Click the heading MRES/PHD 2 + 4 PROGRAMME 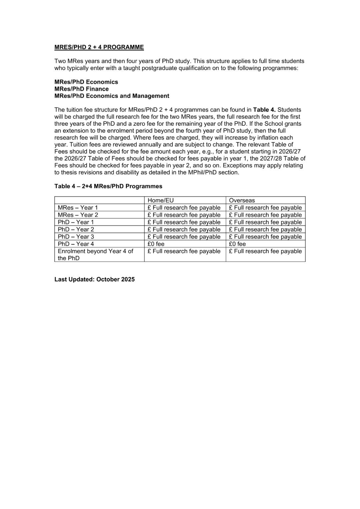tap(99, 47)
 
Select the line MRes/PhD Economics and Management tap(112, 96)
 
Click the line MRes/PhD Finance tap(81, 89)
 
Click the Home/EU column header tap(160, 200)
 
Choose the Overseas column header tap(242, 200)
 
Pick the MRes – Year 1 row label tap(78, 208)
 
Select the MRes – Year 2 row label tap(78, 215)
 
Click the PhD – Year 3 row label tap(76, 237)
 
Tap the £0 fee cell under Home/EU tap(156, 244)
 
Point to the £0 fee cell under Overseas tap(237, 244)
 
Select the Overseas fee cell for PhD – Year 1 tap(265, 222)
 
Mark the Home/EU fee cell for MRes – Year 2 tap(184, 215)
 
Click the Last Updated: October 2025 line tap(94, 279)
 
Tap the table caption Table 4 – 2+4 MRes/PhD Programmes tap(108, 186)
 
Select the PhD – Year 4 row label tap(76, 244)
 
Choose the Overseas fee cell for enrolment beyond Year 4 tap(265, 251)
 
